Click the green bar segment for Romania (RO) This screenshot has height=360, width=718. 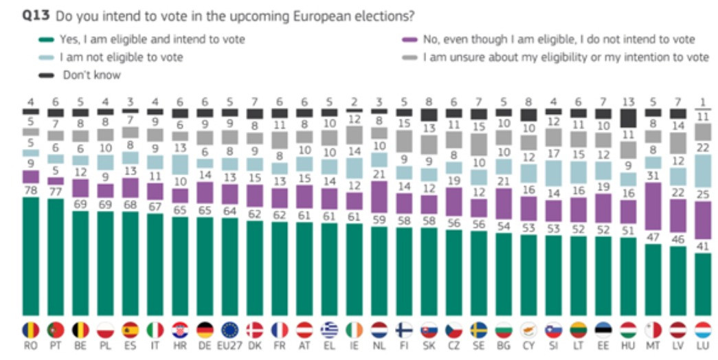32,254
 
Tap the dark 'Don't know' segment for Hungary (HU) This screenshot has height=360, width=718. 628,118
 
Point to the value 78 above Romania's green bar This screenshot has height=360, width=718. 32,192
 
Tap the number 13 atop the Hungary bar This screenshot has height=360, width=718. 628,102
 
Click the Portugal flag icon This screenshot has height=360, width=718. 56,330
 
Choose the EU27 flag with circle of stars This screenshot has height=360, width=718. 229,330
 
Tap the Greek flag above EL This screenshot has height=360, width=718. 328,330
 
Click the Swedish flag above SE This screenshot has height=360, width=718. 478,330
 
